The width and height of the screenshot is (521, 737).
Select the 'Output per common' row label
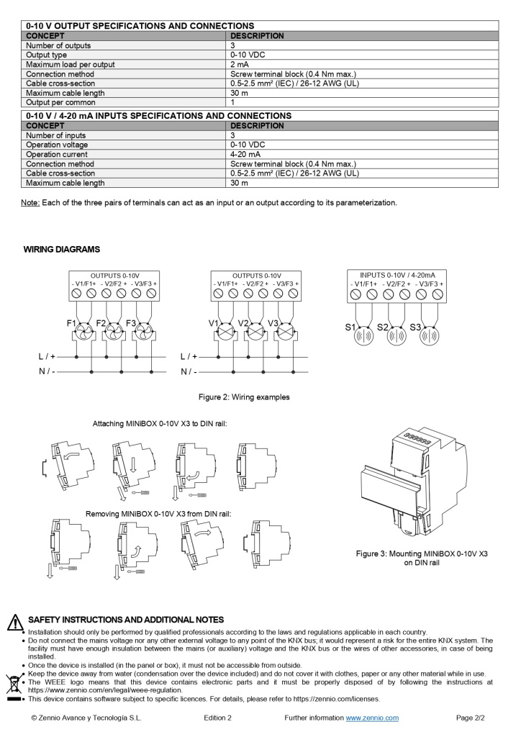[x=55, y=102]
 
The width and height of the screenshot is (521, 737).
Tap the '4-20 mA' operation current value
[x=245, y=154]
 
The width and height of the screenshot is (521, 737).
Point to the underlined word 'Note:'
[x=30, y=203]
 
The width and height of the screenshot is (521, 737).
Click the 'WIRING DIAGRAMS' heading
[x=62, y=250]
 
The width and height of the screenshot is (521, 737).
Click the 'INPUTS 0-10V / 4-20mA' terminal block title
[x=397, y=275]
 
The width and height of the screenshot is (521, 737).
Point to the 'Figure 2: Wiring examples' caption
[x=244, y=397]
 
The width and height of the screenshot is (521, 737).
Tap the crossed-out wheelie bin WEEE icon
[x=14, y=682]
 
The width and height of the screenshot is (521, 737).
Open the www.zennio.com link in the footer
[x=372, y=718]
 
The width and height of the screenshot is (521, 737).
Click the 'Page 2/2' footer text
[x=471, y=718]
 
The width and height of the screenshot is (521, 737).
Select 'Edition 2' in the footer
[x=217, y=718]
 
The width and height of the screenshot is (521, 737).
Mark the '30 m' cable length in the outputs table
[x=239, y=93]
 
